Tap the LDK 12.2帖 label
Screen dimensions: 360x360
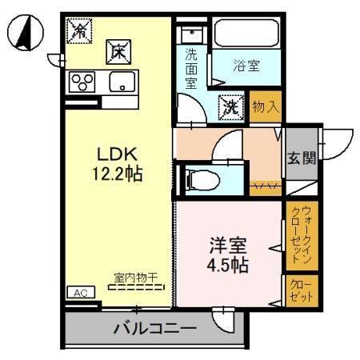(119, 163)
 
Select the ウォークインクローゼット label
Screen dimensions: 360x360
(302, 235)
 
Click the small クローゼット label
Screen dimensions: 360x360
(302, 290)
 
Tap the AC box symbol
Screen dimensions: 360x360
(81, 292)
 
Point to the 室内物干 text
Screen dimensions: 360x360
(134, 277)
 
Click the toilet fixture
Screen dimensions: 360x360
(200, 180)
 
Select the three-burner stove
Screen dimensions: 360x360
(83, 81)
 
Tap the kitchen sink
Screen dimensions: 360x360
(122, 82)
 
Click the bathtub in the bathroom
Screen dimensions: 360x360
(246, 35)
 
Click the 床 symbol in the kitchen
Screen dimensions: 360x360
(115, 52)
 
